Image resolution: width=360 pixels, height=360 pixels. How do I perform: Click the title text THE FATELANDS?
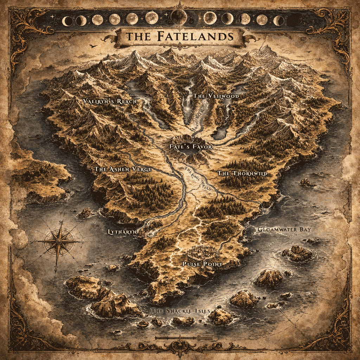click(x=180, y=36)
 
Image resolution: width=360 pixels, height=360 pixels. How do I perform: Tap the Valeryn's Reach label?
click(x=110, y=101)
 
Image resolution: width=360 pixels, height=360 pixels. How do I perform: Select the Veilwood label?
click(x=216, y=96)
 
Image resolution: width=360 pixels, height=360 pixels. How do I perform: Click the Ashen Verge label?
click(x=123, y=169)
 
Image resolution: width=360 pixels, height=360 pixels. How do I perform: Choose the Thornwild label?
click(x=242, y=173)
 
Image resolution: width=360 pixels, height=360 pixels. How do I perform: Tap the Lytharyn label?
click(x=122, y=232)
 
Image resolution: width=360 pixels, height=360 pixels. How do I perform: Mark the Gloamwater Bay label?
click(x=285, y=230)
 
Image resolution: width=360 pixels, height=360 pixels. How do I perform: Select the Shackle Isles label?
click(x=181, y=311)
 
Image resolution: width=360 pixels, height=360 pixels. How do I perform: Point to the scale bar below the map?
click(x=180, y=338)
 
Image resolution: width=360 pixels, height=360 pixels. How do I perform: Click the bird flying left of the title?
click(x=92, y=46)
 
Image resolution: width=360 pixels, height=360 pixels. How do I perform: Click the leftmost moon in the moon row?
click(x=67, y=21)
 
